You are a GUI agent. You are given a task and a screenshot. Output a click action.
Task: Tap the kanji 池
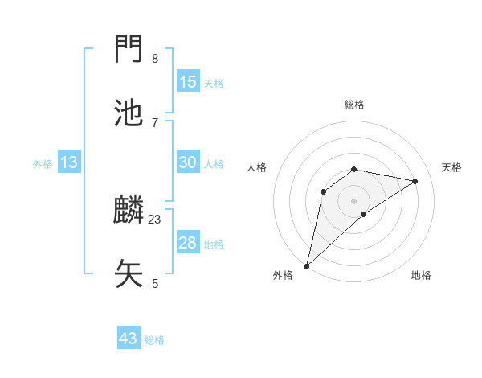tap(129, 113)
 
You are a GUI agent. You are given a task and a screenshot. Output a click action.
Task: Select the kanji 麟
tap(129, 210)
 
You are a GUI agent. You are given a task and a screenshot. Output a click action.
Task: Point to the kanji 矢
tap(129, 273)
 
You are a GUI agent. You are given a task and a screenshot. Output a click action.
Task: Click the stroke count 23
tap(155, 219)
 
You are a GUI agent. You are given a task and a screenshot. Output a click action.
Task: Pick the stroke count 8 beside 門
tap(155, 58)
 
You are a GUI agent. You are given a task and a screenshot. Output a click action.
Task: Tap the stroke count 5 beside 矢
tap(155, 283)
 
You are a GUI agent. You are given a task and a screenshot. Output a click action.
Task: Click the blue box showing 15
tap(187, 81)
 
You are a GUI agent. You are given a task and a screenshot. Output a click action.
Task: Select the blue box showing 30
tap(187, 162)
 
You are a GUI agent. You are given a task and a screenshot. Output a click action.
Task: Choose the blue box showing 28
tap(187, 243)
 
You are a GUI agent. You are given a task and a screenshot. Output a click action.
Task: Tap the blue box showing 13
tap(69, 162)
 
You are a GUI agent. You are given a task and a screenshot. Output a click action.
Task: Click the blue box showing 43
tap(128, 339)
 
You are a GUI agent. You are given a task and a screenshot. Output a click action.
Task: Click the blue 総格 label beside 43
tap(154, 340)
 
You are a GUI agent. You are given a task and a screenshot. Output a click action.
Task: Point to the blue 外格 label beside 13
tap(43, 164)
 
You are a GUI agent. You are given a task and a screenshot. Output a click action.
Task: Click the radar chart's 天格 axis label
tap(451, 167)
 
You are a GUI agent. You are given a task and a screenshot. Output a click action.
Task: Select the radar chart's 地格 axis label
tap(421, 275)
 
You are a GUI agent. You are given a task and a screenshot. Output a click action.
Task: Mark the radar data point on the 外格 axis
tap(306, 266)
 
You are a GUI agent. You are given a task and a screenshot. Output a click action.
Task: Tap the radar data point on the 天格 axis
tap(415, 181)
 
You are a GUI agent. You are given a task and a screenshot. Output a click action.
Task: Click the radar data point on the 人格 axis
tap(324, 191)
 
